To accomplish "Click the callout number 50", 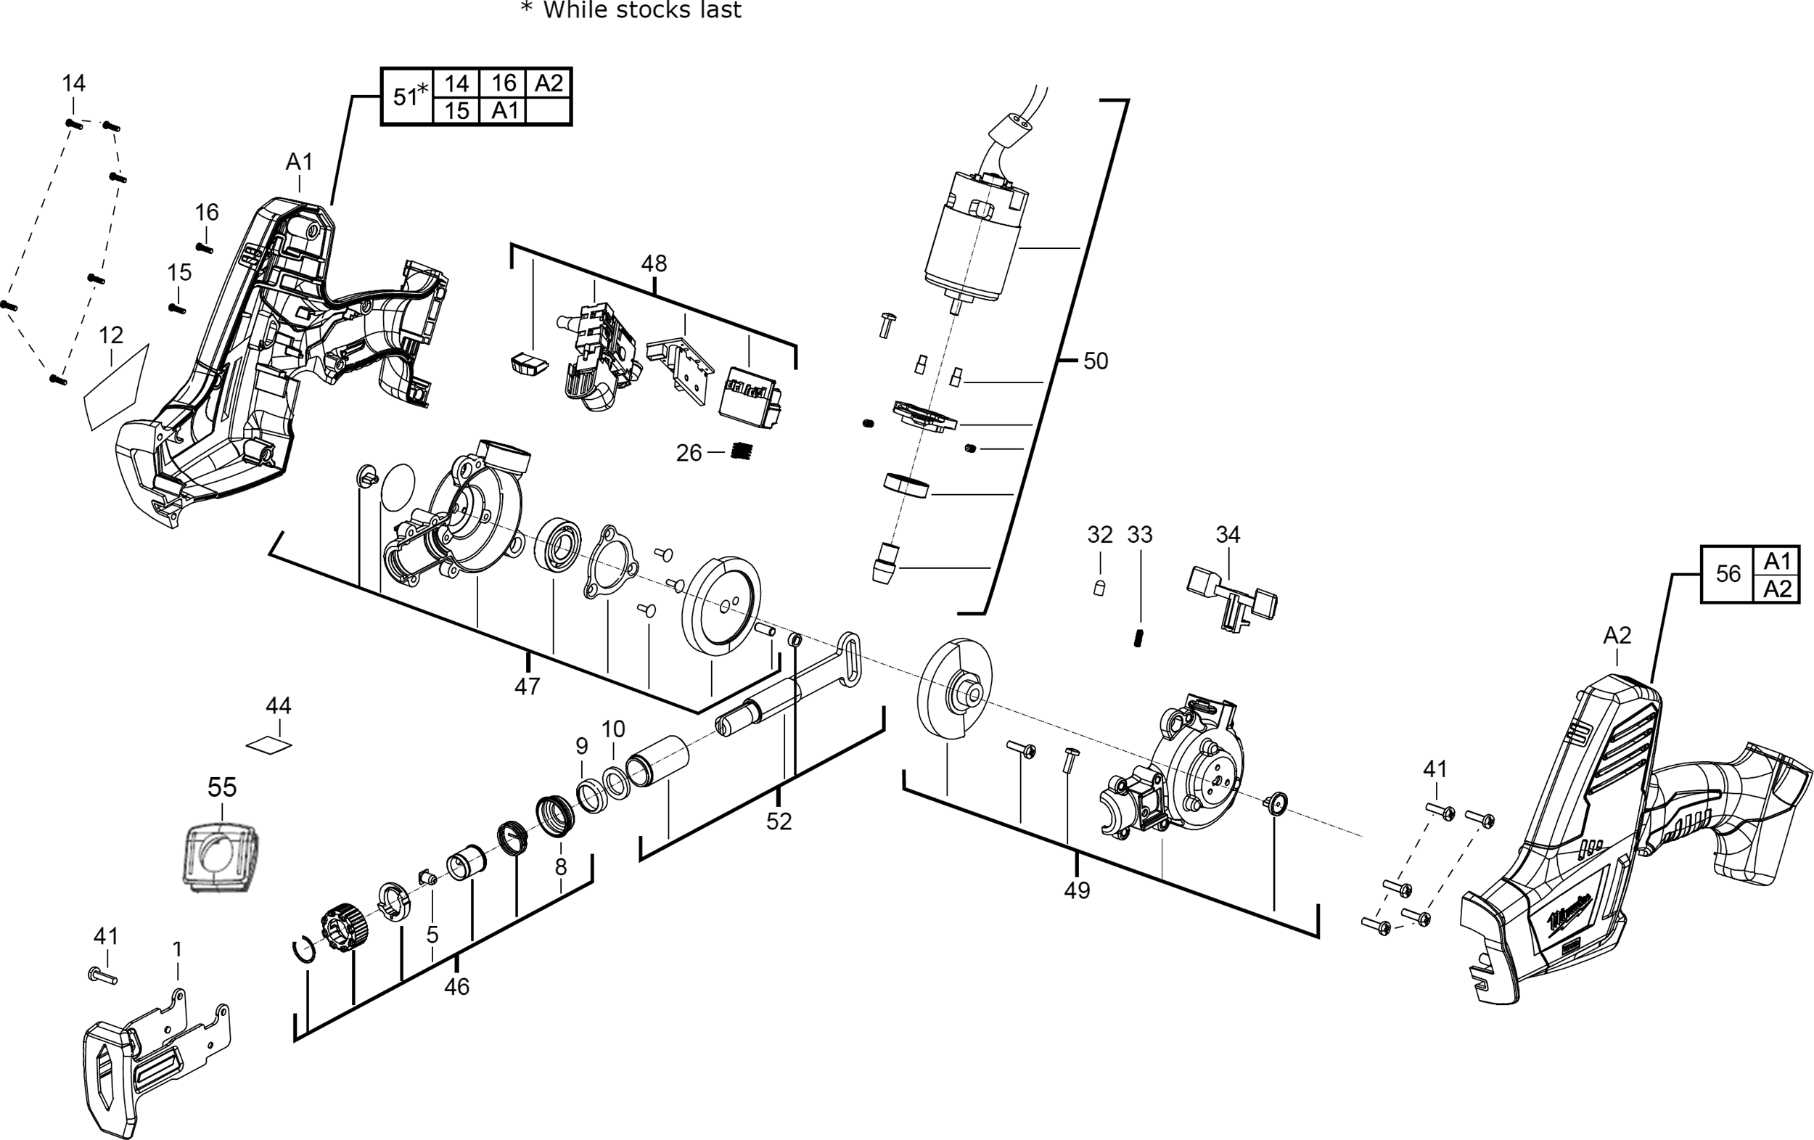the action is click(x=1096, y=361).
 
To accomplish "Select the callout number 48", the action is click(x=653, y=263).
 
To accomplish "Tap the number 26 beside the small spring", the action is click(x=689, y=453).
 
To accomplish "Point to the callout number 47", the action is click(x=528, y=686).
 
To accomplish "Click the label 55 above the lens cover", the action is click(x=222, y=787).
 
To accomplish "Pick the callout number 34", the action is click(x=1228, y=534).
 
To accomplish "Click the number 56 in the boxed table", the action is click(x=1728, y=574).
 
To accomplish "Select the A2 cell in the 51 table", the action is click(x=549, y=83).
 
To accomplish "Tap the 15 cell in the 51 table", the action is click(x=456, y=111).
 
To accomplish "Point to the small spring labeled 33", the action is click(x=1139, y=637).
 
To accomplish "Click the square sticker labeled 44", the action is click(x=269, y=745).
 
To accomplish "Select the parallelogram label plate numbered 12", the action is click(x=116, y=387).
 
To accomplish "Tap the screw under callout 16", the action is click(x=204, y=248).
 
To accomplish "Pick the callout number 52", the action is click(x=779, y=821).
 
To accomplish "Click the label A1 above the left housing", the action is click(x=299, y=161).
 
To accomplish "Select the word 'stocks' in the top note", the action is click(x=643, y=9).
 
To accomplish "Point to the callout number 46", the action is click(x=456, y=986).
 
